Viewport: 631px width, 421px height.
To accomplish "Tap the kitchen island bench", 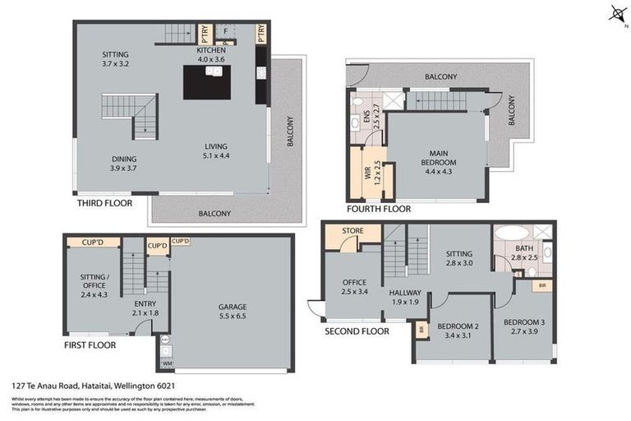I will tap(206, 82).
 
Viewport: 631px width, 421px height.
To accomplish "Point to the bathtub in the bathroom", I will tap(512, 232).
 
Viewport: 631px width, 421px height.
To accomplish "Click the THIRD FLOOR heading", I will tap(104, 202).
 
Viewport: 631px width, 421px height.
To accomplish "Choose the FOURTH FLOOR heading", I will tap(379, 209).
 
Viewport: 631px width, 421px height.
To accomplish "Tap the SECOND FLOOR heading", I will tap(356, 331).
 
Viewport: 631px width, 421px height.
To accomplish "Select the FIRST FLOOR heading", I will tap(90, 345).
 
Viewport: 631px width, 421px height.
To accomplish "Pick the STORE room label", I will tap(353, 230).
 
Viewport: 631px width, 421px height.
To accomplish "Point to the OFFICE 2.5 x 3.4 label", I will tap(354, 287).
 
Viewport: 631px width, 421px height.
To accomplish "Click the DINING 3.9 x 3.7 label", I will tap(124, 163).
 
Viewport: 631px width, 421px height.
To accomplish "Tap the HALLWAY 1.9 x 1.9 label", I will tap(405, 297).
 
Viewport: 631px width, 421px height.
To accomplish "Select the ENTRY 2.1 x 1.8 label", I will tap(145, 307).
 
